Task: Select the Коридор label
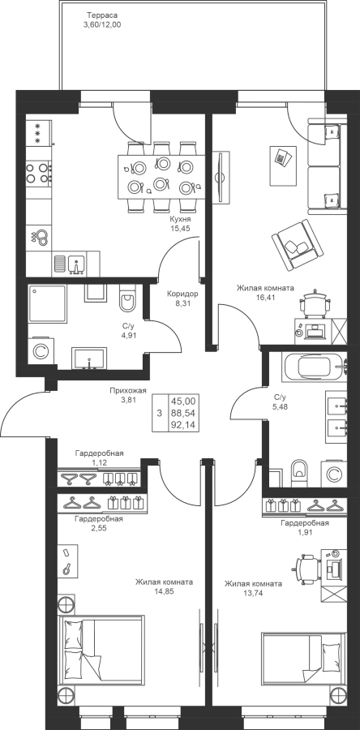tap(182, 294)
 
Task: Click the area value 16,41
tap(264, 297)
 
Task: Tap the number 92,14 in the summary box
tap(184, 424)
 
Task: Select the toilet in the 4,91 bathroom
tap(126, 298)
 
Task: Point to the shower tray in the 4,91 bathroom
tap(47, 304)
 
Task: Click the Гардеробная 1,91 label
tap(305, 527)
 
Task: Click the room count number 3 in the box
tap(160, 413)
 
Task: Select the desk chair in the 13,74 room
tap(306, 569)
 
